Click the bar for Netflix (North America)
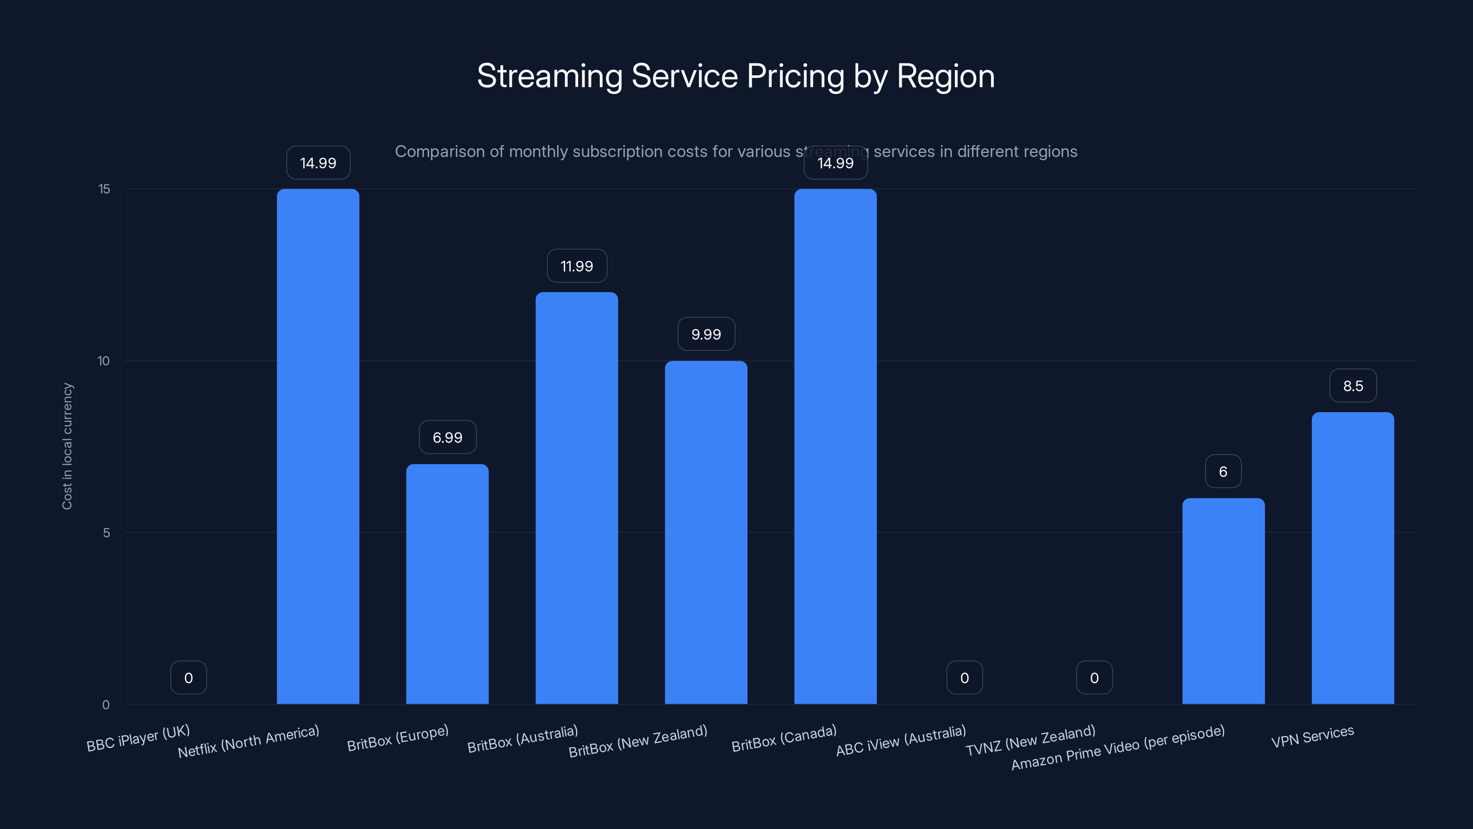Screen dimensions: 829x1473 coord(318,446)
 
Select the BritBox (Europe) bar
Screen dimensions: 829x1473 coord(447,584)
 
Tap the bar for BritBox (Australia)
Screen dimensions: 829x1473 coord(576,498)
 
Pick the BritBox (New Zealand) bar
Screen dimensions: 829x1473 coord(706,532)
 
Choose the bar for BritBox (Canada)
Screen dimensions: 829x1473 coord(835,446)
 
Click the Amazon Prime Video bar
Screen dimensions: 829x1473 coord(1223,601)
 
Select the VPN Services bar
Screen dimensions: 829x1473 coord(1352,558)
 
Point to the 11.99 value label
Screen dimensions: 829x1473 coord(576,266)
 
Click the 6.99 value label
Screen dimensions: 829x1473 coord(447,438)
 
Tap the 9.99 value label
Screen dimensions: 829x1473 coord(706,334)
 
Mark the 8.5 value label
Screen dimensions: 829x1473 coord(1352,385)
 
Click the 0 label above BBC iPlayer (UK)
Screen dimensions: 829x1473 coord(188,678)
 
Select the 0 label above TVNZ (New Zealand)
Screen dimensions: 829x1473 coord(1094,678)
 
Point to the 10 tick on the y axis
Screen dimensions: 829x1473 coord(104,361)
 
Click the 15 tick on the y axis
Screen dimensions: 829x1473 coord(104,189)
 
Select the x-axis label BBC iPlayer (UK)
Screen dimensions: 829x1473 coord(138,738)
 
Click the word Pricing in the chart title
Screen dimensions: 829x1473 coord(795,76)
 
